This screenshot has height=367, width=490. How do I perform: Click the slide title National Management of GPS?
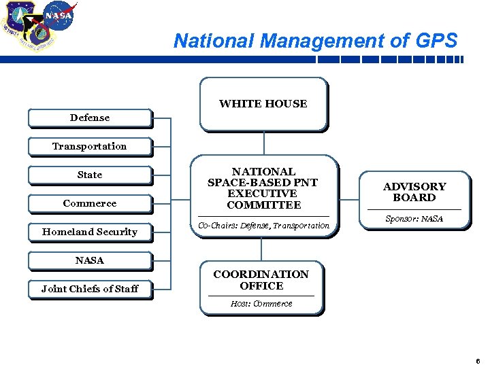316,41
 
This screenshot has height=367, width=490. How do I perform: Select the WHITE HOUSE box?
263,103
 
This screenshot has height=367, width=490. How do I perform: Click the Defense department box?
89,118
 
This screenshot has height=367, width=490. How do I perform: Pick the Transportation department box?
89,146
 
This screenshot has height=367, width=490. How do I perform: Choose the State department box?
89,175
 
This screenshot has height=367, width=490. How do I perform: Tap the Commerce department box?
89,203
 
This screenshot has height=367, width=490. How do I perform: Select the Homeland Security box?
89,232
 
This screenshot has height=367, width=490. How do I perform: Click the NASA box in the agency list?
89,260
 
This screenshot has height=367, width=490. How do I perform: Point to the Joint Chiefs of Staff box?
89,289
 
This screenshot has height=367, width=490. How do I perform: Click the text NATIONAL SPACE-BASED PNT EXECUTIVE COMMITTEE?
263,188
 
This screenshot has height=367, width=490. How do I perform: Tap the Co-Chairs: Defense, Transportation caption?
263,226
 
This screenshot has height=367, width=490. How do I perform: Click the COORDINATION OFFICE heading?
261,280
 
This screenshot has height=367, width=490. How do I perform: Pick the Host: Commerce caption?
261,304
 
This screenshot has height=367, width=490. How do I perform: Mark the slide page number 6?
478,360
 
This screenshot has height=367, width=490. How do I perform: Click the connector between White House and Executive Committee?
263,143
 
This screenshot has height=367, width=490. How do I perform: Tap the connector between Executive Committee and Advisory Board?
348,200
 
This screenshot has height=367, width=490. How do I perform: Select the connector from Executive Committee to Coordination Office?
263,249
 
